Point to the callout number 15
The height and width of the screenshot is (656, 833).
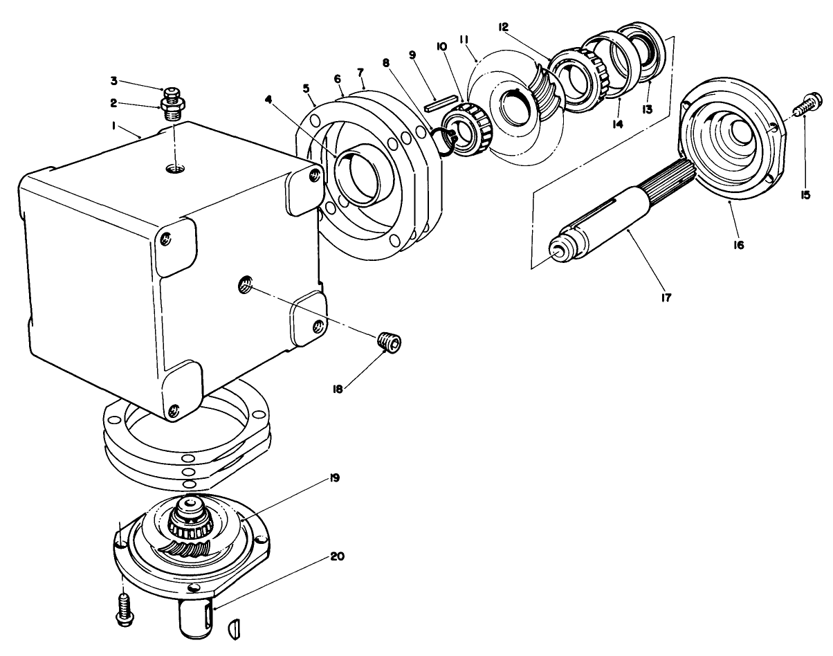[x=805, y=196]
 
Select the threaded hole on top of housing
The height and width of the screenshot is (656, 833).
[x=175, y=168]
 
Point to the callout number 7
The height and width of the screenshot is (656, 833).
[x=360, y=73]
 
